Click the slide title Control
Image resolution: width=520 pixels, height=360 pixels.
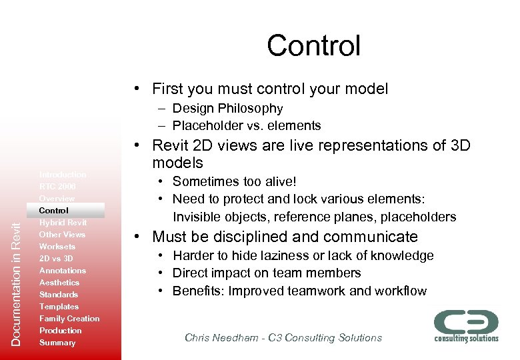tap(313, 46)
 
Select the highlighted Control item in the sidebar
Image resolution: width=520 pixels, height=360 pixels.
tap(54, 211)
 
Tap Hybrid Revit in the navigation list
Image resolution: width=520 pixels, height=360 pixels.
tap(63, 223)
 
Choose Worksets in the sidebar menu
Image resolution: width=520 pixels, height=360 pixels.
tap(57, 247)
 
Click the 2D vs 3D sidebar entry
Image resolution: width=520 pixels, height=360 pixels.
tap(56, 259)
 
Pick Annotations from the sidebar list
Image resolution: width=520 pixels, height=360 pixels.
tap(63, 271)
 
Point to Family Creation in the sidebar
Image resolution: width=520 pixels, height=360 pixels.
tap(69, 319)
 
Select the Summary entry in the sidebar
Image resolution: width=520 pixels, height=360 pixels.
tap(57, 343)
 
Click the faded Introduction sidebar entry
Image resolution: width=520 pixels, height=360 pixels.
tap(63, 175)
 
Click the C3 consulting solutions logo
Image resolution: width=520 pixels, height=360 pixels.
tap(466, 325)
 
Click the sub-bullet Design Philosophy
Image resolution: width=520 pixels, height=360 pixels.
tap(227, 108)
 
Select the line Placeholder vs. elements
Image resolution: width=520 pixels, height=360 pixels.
tap(246, 125)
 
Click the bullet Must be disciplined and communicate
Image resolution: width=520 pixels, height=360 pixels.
tap(285, 237)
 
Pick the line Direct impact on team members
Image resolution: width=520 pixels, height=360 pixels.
tap(267, 273)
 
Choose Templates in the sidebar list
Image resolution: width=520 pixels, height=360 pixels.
tap(59, 307)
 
